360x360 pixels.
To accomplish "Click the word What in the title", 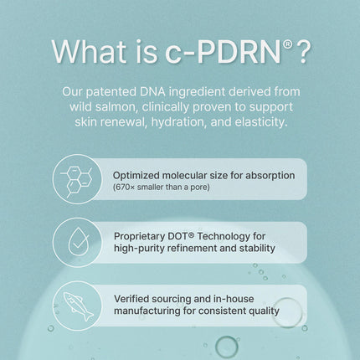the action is (89, 52).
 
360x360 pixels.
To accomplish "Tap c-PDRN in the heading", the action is (224, 52).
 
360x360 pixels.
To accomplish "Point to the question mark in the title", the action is (303, 52).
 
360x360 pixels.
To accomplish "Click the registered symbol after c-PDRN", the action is (288, 44).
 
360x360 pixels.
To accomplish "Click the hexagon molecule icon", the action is (77, 179).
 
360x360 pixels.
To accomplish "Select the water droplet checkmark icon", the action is (78, 242).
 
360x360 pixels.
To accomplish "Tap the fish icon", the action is (79, 306).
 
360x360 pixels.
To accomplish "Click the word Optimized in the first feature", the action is (136, 176).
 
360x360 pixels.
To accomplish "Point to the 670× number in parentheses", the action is (124, 187).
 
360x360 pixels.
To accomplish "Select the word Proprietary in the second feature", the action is (140, 237).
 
